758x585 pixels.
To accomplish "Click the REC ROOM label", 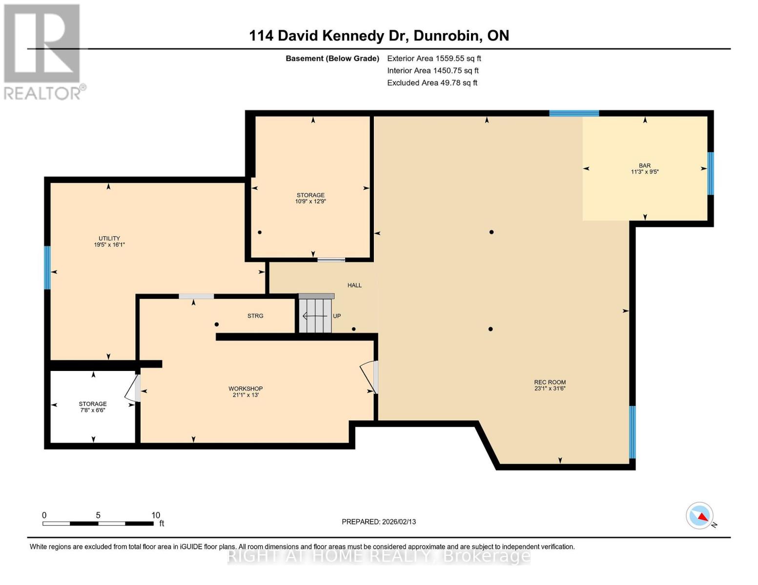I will [x=550, y=382].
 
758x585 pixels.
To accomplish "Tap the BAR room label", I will [x=644, y=166].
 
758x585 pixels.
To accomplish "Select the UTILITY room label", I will [x=109, y=238].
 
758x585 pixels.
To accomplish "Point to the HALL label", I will [x=354, y=285].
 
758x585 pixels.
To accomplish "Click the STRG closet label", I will [x=255, y=316].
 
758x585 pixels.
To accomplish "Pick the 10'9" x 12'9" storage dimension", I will [x=310, y=201].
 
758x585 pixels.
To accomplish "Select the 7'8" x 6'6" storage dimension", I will [x=93, y=410].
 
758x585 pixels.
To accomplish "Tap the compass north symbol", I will [x=700, y=516].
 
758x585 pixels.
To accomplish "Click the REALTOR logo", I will [x=43, y=51].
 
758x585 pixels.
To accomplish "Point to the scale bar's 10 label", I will [x=156, y=515].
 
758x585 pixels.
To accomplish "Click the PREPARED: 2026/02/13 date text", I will [x=379, y=522].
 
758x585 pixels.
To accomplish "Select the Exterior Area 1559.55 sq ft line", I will [x=434, y=58].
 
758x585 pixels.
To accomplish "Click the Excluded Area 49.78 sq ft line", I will [x=432, y=83].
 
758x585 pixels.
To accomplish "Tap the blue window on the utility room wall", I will [x=47, y=268].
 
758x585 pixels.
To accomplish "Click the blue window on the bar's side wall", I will [x=711, y=174].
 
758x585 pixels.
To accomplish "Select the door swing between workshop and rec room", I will [x=369, y=376].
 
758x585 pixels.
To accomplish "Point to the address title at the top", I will [x=379, y=36].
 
